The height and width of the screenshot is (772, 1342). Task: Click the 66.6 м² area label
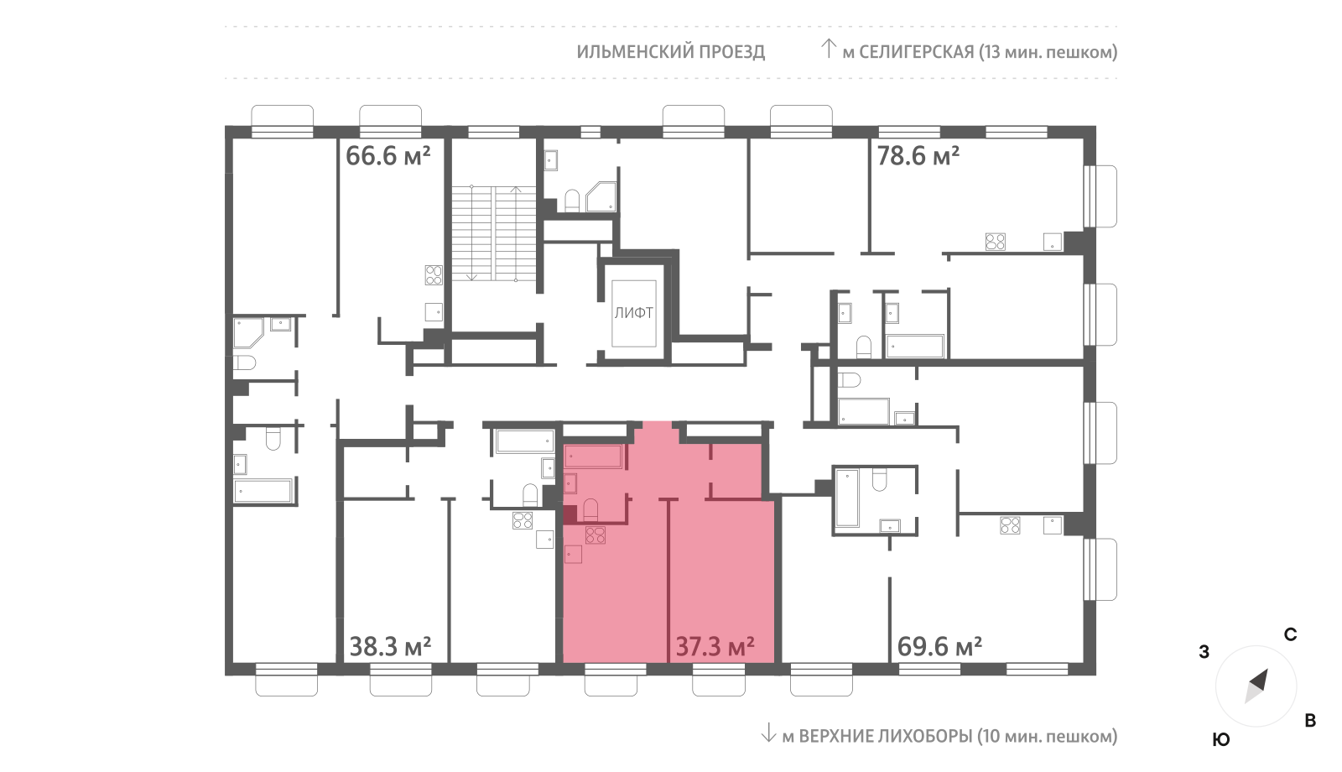click(388, 156)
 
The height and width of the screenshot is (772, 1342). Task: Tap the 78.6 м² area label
click(918, 156)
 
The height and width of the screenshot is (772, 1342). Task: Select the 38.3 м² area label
click(390, 647)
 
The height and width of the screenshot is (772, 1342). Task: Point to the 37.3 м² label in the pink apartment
click(715, 647)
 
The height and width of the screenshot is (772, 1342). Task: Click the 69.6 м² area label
click(939, 647)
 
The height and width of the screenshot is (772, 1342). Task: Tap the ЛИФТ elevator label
click(634, 313)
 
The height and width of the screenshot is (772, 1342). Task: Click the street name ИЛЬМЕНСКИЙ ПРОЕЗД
click(671, 52)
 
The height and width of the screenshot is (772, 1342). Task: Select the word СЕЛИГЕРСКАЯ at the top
click(917, 52)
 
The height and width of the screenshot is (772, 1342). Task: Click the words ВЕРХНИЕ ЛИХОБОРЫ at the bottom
click(886, 735)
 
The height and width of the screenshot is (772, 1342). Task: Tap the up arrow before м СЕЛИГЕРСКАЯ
click(828, 49)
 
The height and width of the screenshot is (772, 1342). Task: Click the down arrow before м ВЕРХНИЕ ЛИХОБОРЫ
click(768, 733)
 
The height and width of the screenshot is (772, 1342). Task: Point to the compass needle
click(1256, 686)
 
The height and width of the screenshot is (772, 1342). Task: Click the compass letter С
click(1290, 634)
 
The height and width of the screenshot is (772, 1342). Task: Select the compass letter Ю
click(1221, 739)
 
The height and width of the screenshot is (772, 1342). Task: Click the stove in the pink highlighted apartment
click(595, 535)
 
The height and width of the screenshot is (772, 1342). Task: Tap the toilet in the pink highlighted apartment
click(590, 510)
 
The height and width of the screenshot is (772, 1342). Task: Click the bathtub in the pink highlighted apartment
click(594, 456)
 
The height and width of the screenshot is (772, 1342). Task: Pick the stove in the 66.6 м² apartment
click(434, 275)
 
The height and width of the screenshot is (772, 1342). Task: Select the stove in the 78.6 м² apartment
click(995, 242)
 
